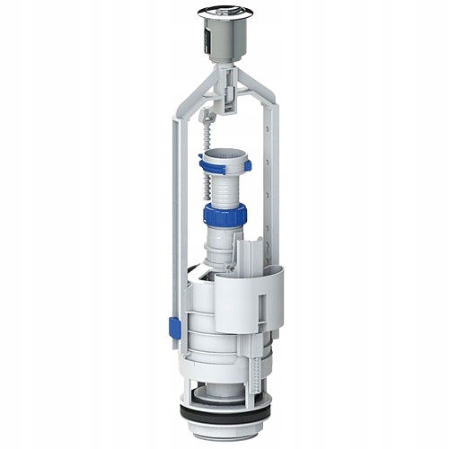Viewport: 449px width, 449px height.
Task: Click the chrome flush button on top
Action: coord(223,13)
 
